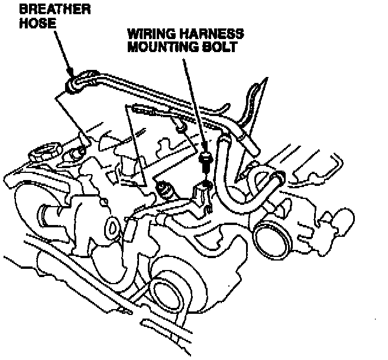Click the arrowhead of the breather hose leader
69,75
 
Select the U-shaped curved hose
237,178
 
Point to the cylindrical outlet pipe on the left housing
53,212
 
